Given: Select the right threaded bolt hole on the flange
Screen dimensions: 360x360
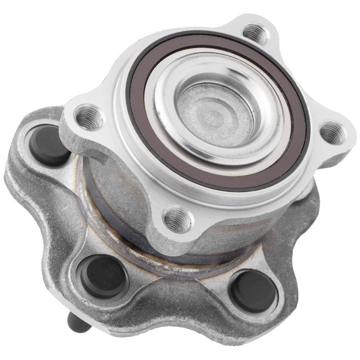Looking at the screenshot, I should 331,132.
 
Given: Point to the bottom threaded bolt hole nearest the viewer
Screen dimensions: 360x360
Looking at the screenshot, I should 178,218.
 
